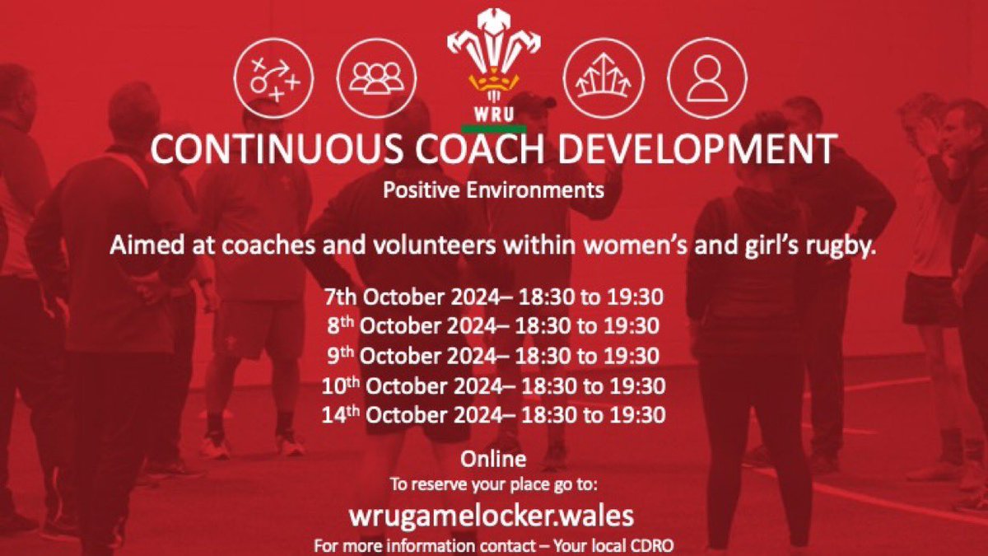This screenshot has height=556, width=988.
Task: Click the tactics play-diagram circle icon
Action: (x=273, y=77)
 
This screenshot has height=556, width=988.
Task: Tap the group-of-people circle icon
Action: (x=377, y=77)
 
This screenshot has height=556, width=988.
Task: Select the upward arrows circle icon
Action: (x=603, y=77)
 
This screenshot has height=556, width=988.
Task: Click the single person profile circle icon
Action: (x=706, y=77)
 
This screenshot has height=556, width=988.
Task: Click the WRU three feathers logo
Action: (x=493, y=62)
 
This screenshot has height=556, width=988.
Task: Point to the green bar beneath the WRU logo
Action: (x=493, y=128)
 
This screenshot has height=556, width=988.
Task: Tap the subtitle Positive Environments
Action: (x=493, y=191)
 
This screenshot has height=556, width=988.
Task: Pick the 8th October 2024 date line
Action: (x=493, y=326)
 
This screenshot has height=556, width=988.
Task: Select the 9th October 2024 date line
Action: (x=493, y=356)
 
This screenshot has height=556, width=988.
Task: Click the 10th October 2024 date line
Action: (x=493, y=385)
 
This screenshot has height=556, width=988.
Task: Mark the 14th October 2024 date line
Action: (x=493, y=414)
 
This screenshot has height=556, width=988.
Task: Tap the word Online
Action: (x=493, y=458)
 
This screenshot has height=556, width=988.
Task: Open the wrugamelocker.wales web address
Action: (x=493, y=516)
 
